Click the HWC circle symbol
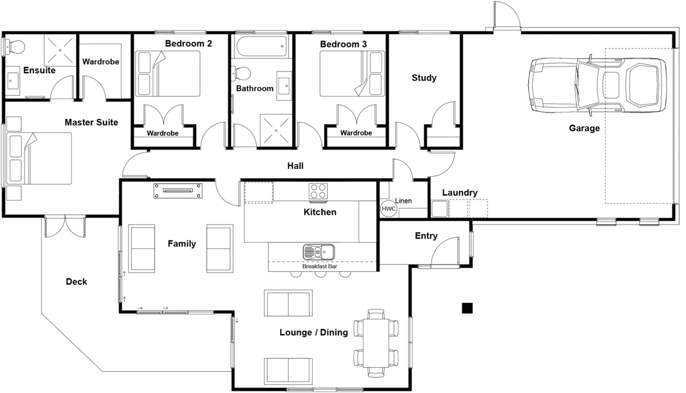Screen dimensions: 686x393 pyautogui.click(x=389, y=209)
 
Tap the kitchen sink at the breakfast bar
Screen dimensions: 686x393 pyautogui.click(x=319, y=252)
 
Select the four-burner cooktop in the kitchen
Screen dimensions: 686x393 pyautogui.click(x=318, y=191)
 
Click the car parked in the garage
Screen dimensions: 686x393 pyautogui.click(x=597, y=85)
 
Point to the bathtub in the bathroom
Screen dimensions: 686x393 pyautogui.click(x=262, y=46)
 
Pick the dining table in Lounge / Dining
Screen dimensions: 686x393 pyautogui.click(x=376, y=343)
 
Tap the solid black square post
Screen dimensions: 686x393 pyautogui.click(x=468, y=308)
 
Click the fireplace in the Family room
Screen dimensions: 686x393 pyautogui.click(x=178, y=191)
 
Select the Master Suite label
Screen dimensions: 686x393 pyautogui.click(x=91, y=122)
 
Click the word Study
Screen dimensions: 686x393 pyautogui.click(x=424, y=78)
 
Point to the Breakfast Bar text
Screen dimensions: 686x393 pyautogui.click(x=320, y=266)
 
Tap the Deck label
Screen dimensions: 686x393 pyautogui.click(x=76, y=282)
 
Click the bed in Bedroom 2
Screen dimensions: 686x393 pyautogui.click(x=168, y=74)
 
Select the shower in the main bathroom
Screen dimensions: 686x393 pyautogui.click(x=276, y=130)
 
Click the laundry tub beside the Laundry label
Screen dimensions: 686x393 pyautogui.click(x=440, y=208)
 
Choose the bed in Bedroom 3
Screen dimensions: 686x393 pyautogui.click(x=352, y=74)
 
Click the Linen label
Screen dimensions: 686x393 pyautogui.click(x=404, y=201)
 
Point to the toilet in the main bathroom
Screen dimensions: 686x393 pyautogui.click(x=241, y=74)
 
